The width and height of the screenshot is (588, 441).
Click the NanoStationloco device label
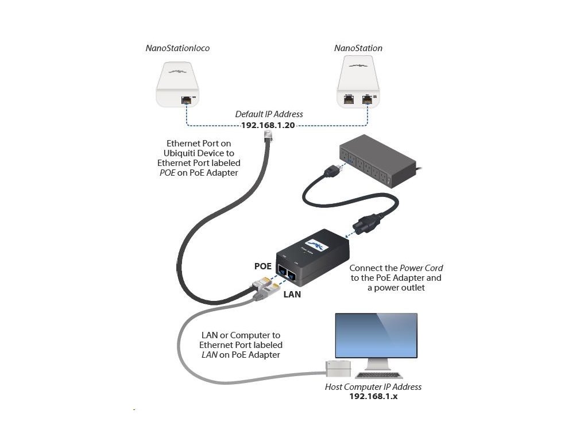(x=177, y=48)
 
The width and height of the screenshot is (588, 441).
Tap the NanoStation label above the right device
(x=358, y=48)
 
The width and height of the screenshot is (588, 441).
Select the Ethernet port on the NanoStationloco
(x=187, y=100)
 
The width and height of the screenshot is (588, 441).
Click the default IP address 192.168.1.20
(x=268, y=125)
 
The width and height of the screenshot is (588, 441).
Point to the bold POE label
(x=263, y=266)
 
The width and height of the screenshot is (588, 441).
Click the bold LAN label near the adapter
(x=292, y=295)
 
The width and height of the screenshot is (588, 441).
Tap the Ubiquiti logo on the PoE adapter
(x=317, y=245)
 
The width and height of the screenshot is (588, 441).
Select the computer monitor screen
(x=376, y=335)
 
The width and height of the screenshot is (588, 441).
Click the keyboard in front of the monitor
(x=378, y=374)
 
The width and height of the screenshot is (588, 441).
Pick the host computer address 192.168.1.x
(x=373, y=396)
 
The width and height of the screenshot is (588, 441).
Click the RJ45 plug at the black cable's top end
(x=269, y=136)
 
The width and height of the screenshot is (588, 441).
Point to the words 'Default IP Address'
(x=269, y=114)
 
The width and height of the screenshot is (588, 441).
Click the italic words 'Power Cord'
(x=421, y=268)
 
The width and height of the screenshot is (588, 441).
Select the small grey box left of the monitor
(x=338, y=368)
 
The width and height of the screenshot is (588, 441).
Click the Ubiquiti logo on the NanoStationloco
(x=177, y=71)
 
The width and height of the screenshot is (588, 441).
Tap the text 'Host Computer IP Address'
(x=373, y=386)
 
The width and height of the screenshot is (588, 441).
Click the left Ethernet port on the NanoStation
(x=349, y=99)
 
